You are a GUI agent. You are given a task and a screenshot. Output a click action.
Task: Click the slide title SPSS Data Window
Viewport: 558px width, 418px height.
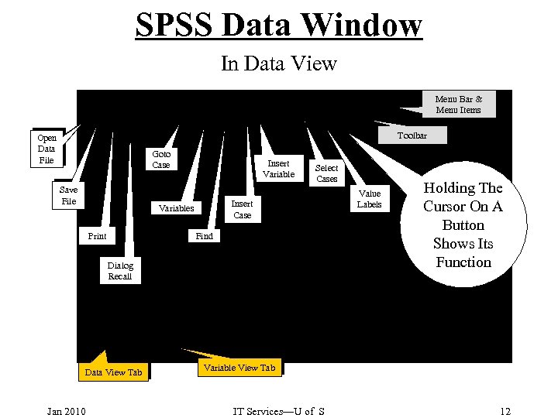coord(279,24)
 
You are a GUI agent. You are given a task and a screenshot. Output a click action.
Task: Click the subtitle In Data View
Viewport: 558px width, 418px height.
coord(279,63)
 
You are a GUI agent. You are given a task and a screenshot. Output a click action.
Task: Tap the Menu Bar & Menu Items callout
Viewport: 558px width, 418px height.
coord(458,104)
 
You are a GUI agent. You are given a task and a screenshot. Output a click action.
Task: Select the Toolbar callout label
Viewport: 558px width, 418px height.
coord(412,135)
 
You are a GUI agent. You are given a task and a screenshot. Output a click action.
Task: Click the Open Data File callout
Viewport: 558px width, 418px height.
coord(46,149)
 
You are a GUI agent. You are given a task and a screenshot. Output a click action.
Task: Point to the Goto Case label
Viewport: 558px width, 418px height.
coord(161,159)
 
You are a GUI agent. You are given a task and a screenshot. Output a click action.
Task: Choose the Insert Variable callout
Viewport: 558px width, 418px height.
coord(278,169)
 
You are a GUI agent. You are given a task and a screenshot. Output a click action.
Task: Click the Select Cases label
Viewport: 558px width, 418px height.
coord(326,173)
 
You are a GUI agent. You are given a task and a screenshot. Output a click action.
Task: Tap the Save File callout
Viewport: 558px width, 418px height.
coord(68,195)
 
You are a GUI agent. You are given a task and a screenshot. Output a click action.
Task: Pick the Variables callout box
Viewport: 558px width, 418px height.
coord(176,208)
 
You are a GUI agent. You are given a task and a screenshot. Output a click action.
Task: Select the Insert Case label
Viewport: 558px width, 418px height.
coord(243,209)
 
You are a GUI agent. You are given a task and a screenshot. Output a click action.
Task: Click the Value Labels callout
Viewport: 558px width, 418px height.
coord(370,199)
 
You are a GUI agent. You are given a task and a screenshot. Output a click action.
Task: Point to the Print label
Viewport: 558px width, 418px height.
coord(97,236)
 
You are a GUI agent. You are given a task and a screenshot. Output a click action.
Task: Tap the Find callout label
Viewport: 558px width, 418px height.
coord(205,236)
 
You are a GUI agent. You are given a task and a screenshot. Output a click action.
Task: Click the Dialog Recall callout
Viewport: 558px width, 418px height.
coord(120,271)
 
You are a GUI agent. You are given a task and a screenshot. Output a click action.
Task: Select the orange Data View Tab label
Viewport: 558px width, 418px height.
coord(113,372)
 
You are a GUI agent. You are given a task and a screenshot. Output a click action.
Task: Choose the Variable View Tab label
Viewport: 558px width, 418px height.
coord(239,368)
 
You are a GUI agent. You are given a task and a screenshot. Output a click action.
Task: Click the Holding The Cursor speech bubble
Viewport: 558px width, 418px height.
coord(463,224)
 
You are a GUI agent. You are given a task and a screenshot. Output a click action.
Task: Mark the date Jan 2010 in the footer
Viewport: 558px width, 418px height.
coord(66,410)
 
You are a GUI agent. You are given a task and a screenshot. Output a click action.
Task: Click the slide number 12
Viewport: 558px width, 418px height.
coord(505,410)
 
